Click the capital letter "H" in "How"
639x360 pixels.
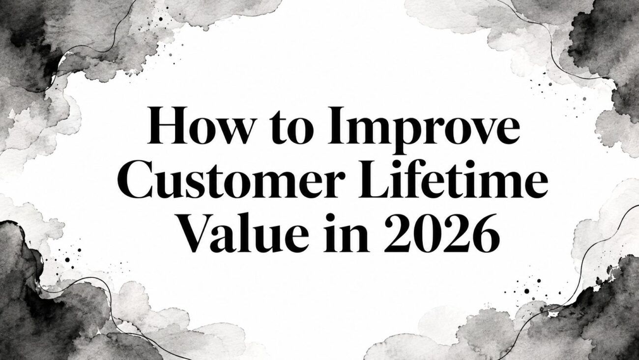[x=167, y=125]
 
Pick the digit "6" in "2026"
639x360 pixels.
[x=486, y=234]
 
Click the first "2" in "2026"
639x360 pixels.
[x=398, y=233]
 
